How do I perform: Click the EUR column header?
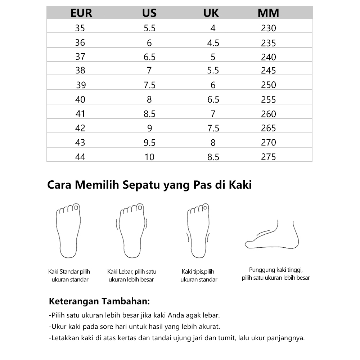81,13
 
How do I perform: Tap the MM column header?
268,13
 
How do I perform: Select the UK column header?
211,13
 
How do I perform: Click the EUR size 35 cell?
80,28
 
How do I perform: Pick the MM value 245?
268,71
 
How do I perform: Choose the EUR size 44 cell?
80,157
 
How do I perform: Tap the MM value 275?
268,157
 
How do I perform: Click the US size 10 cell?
149,157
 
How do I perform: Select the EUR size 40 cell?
80,99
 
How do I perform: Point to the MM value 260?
268,114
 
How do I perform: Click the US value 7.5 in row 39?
149,85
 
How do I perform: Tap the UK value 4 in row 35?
213,28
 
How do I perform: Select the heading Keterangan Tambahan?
99,301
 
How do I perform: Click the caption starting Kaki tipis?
198,275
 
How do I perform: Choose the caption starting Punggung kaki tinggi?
276,274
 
